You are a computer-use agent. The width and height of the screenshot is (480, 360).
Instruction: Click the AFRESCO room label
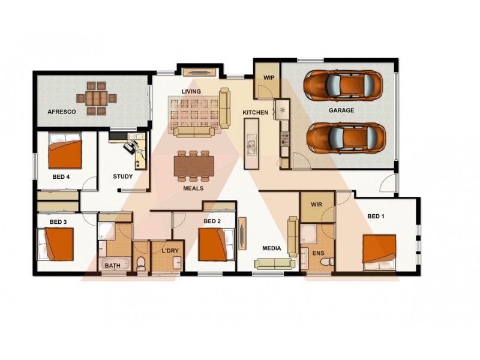click(x=61, y=112)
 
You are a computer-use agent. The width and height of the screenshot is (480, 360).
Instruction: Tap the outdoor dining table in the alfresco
click(x=96, y=98)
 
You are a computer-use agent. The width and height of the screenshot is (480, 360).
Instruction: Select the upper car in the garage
click(x=343, y=86)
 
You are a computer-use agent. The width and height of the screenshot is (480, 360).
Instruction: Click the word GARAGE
click(x=341, y=110)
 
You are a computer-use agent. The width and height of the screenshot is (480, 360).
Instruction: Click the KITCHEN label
click(x=255, y=113)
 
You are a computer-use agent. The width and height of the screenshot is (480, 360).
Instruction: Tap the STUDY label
click(x=123, y=176)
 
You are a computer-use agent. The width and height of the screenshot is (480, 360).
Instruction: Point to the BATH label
click(x=113, y=265)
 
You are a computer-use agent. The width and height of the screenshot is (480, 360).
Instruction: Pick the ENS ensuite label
click(x=318, y=253)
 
